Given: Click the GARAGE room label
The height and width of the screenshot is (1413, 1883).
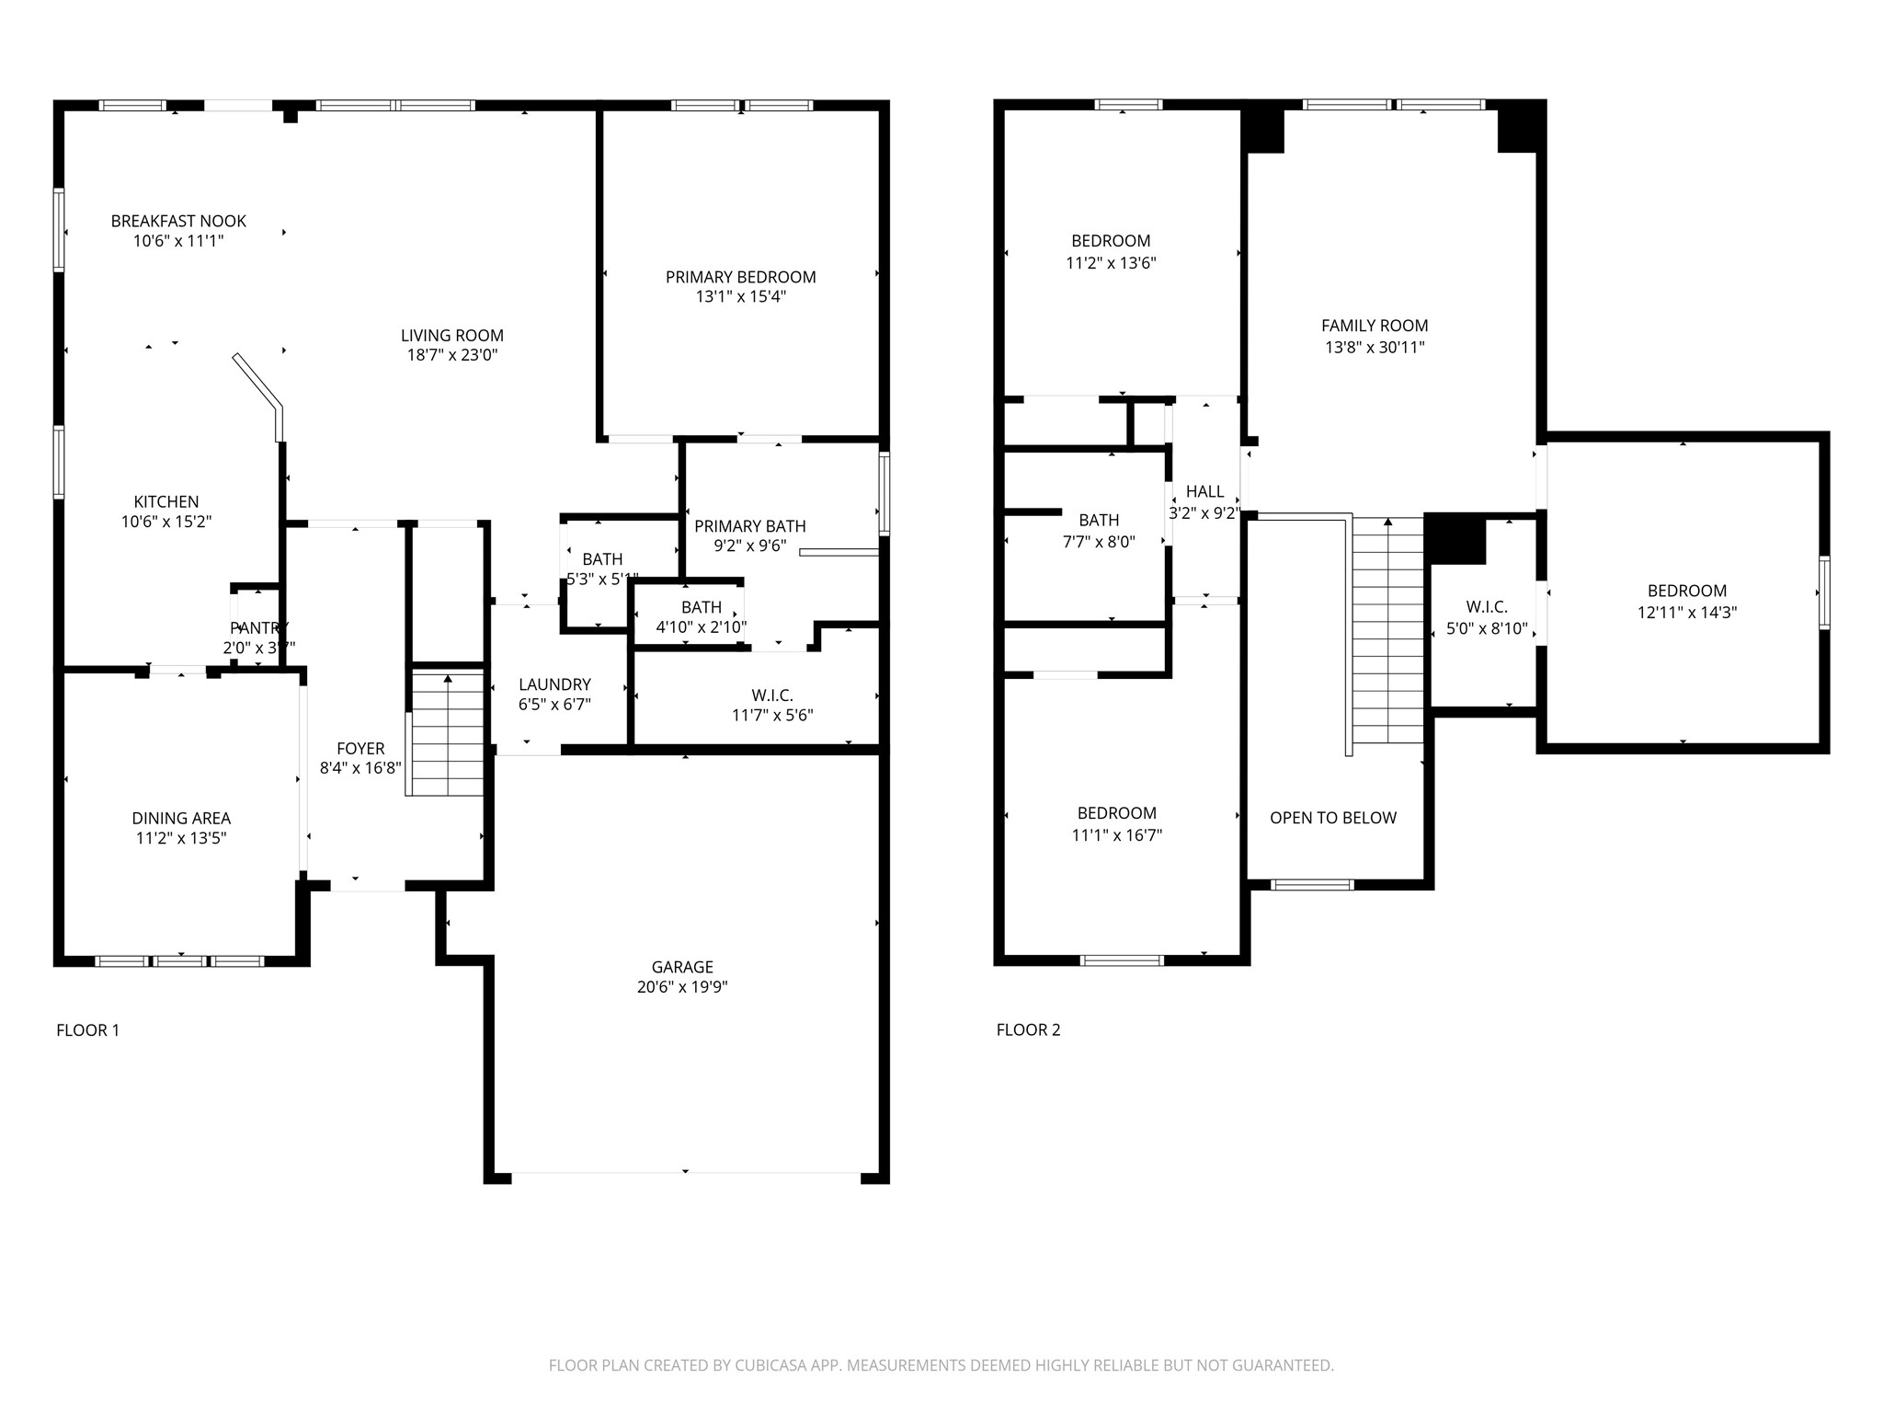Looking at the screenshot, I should pos(682,967).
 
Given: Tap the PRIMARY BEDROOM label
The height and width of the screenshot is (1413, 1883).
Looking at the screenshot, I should pos(740,277).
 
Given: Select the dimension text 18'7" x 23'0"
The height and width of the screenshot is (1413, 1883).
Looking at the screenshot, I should pos(452,355).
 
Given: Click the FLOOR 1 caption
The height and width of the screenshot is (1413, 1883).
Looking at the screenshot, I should pos(88,1030).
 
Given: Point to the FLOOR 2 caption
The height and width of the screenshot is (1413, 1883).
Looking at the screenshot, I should pos(1028,1030).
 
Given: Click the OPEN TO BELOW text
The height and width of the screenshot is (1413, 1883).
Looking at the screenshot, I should pos(1332,818).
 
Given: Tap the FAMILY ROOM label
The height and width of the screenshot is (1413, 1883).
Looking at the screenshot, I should pos(1374,326).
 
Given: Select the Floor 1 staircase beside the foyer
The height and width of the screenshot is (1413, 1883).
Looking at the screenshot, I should pos(447,734).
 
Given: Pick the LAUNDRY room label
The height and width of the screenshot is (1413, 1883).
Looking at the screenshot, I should pos(554,684).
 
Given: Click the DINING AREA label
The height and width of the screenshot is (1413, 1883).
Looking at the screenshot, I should pos(181,818).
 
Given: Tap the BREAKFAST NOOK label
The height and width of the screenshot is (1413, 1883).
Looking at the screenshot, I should pos(178,221).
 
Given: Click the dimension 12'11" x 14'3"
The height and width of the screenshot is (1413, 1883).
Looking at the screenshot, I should pos(1686,613).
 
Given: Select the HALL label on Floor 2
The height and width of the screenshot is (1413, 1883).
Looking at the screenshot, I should pos(1204,492).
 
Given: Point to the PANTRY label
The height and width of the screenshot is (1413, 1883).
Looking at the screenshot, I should pos(258,628).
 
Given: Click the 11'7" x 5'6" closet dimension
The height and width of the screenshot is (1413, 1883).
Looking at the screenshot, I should pos(772,715).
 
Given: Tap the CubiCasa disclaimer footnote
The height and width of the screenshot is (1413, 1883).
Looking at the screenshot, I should pos(941,1365).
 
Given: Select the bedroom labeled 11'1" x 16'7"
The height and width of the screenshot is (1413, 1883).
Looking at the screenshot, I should pos(1116,824).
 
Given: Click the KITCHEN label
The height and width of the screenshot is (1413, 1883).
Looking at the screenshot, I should pos(166,501).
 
